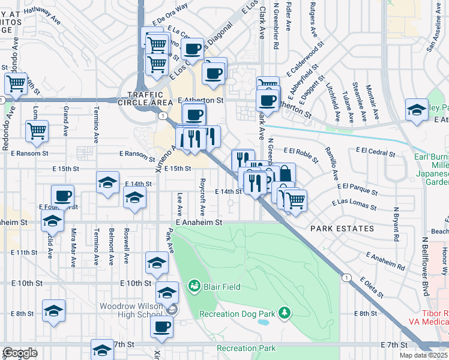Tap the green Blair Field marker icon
point(194,285)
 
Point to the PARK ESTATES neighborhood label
point(342,229)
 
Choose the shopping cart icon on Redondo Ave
point(16,83)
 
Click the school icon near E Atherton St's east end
point(416,109)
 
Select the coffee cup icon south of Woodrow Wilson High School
point(161,327)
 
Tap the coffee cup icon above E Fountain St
point(62,195)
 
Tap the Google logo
point(20,353)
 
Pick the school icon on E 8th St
point(53,310)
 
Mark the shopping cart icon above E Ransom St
point(37,130)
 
